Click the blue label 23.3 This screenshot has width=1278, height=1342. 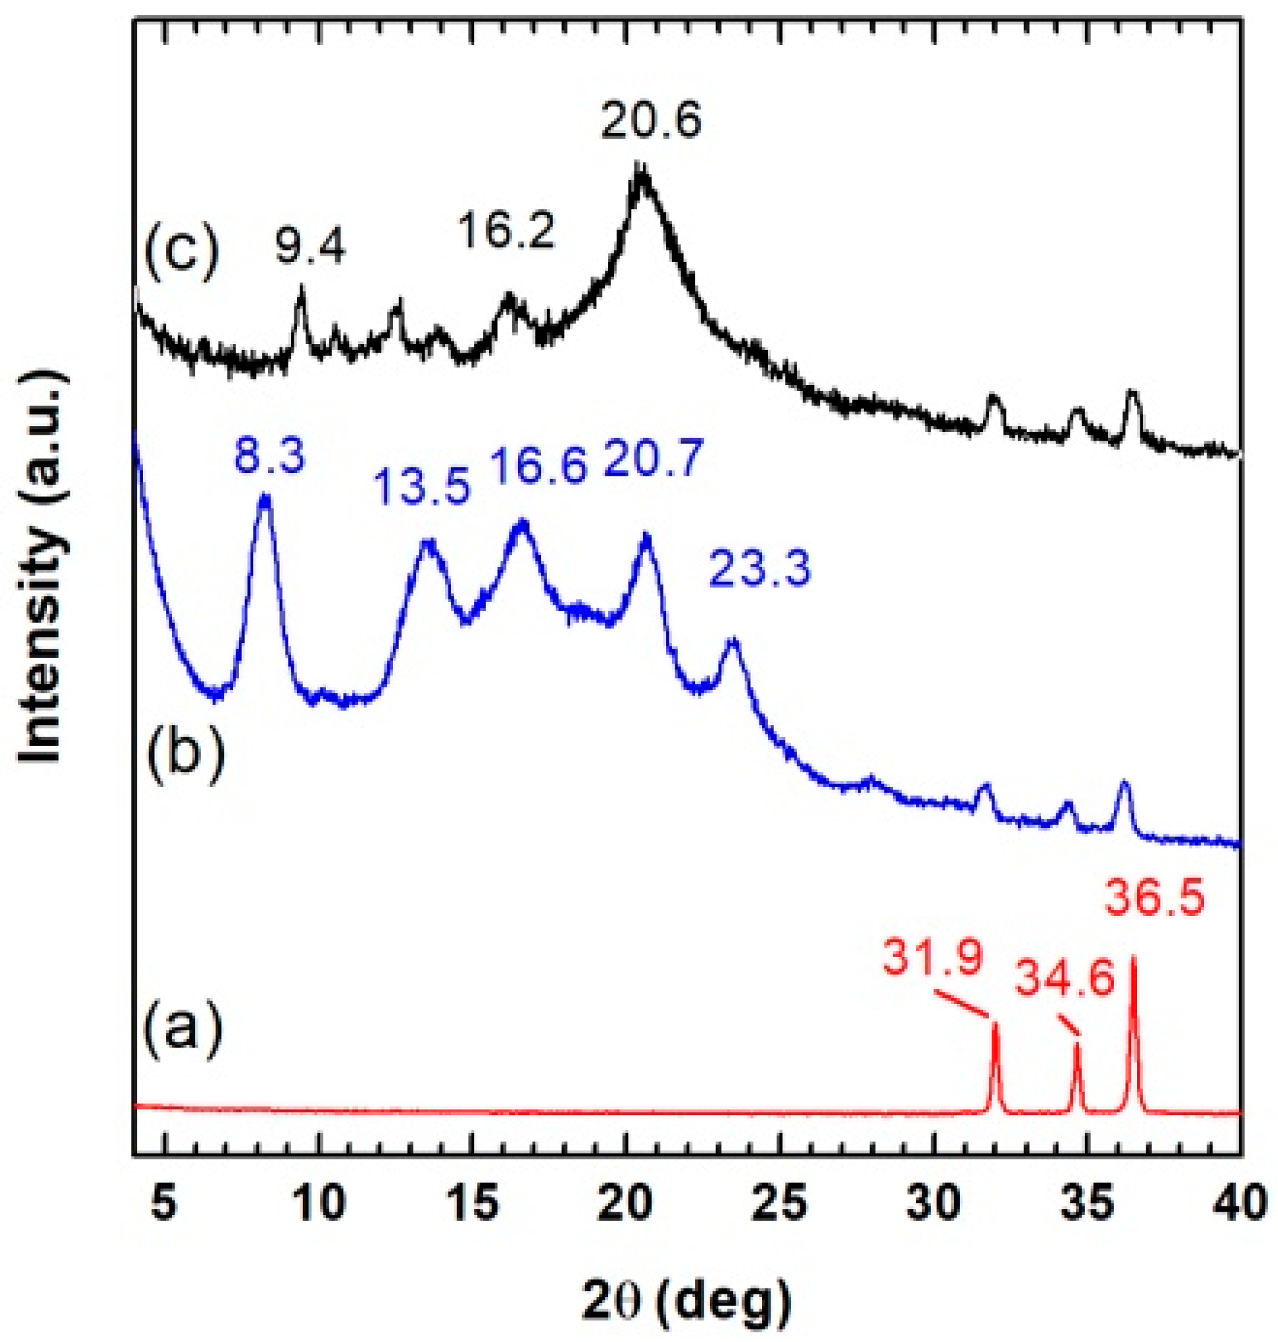[760, 569]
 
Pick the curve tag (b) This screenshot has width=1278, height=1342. [183, 764]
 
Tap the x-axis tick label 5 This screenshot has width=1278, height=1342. [164, 1205]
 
